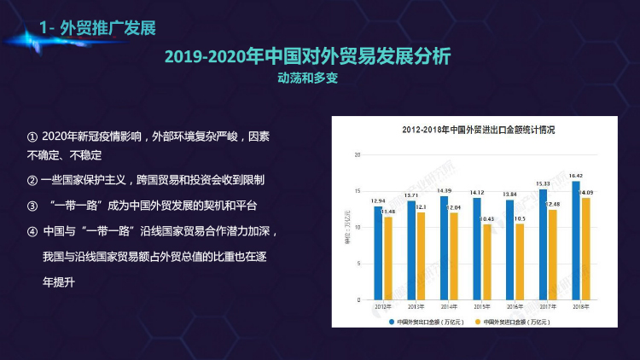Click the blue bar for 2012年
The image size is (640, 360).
(377, 253)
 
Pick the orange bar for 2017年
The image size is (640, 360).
(554, 255)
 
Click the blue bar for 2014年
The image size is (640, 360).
(444, 248)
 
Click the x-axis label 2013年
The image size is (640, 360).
(416, 305)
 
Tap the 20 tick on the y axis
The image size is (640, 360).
(359, 155)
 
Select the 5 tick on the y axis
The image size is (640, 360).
(359, 264)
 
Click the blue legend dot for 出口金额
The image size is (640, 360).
(392, 322)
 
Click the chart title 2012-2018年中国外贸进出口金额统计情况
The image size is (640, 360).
(479, 131)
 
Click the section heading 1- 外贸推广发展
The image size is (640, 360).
(97, 29)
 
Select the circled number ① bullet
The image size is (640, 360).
(32, 136)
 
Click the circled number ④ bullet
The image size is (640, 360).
(32, 231)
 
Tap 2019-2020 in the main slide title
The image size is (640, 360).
(204, 56)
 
